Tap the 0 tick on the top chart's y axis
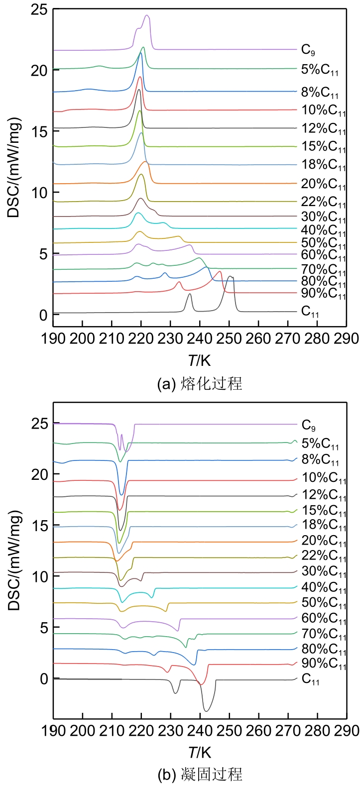43,315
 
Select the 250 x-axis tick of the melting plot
229,339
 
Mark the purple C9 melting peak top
147,15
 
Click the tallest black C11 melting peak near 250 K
230,276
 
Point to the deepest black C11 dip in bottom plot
206,711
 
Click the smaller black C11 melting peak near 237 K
189,294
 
